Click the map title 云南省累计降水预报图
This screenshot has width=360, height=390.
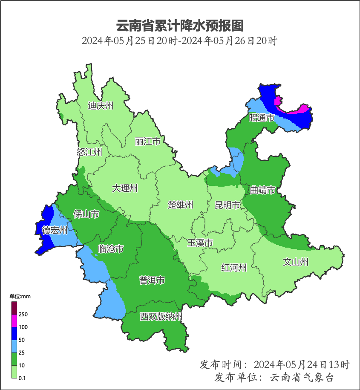tap(180, 26)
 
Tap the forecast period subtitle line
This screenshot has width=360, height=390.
tap(180, 41)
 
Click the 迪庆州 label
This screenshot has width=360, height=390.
tap(101, 106)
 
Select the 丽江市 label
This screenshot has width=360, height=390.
tap(147, 141)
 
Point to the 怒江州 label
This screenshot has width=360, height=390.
tap(89, 152)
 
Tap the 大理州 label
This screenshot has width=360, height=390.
tap(125, 188)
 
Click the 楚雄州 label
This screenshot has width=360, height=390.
tap(180, 205)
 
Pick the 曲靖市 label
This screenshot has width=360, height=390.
tap(262, 190)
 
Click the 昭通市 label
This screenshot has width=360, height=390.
tap(262, 118)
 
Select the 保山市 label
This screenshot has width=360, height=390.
tap(86, 214)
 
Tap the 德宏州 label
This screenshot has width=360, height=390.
tap(55, 231)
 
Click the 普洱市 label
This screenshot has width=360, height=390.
tap(152, 280)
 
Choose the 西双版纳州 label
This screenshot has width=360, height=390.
tap(161, 317)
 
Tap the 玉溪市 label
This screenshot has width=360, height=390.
tap(200, 243)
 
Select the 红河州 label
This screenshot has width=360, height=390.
tap(234, 268)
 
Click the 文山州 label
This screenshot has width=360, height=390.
tap(296, 262)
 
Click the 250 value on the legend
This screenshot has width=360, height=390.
tap(23, 315)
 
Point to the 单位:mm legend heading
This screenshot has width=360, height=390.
tap(20, 296)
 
